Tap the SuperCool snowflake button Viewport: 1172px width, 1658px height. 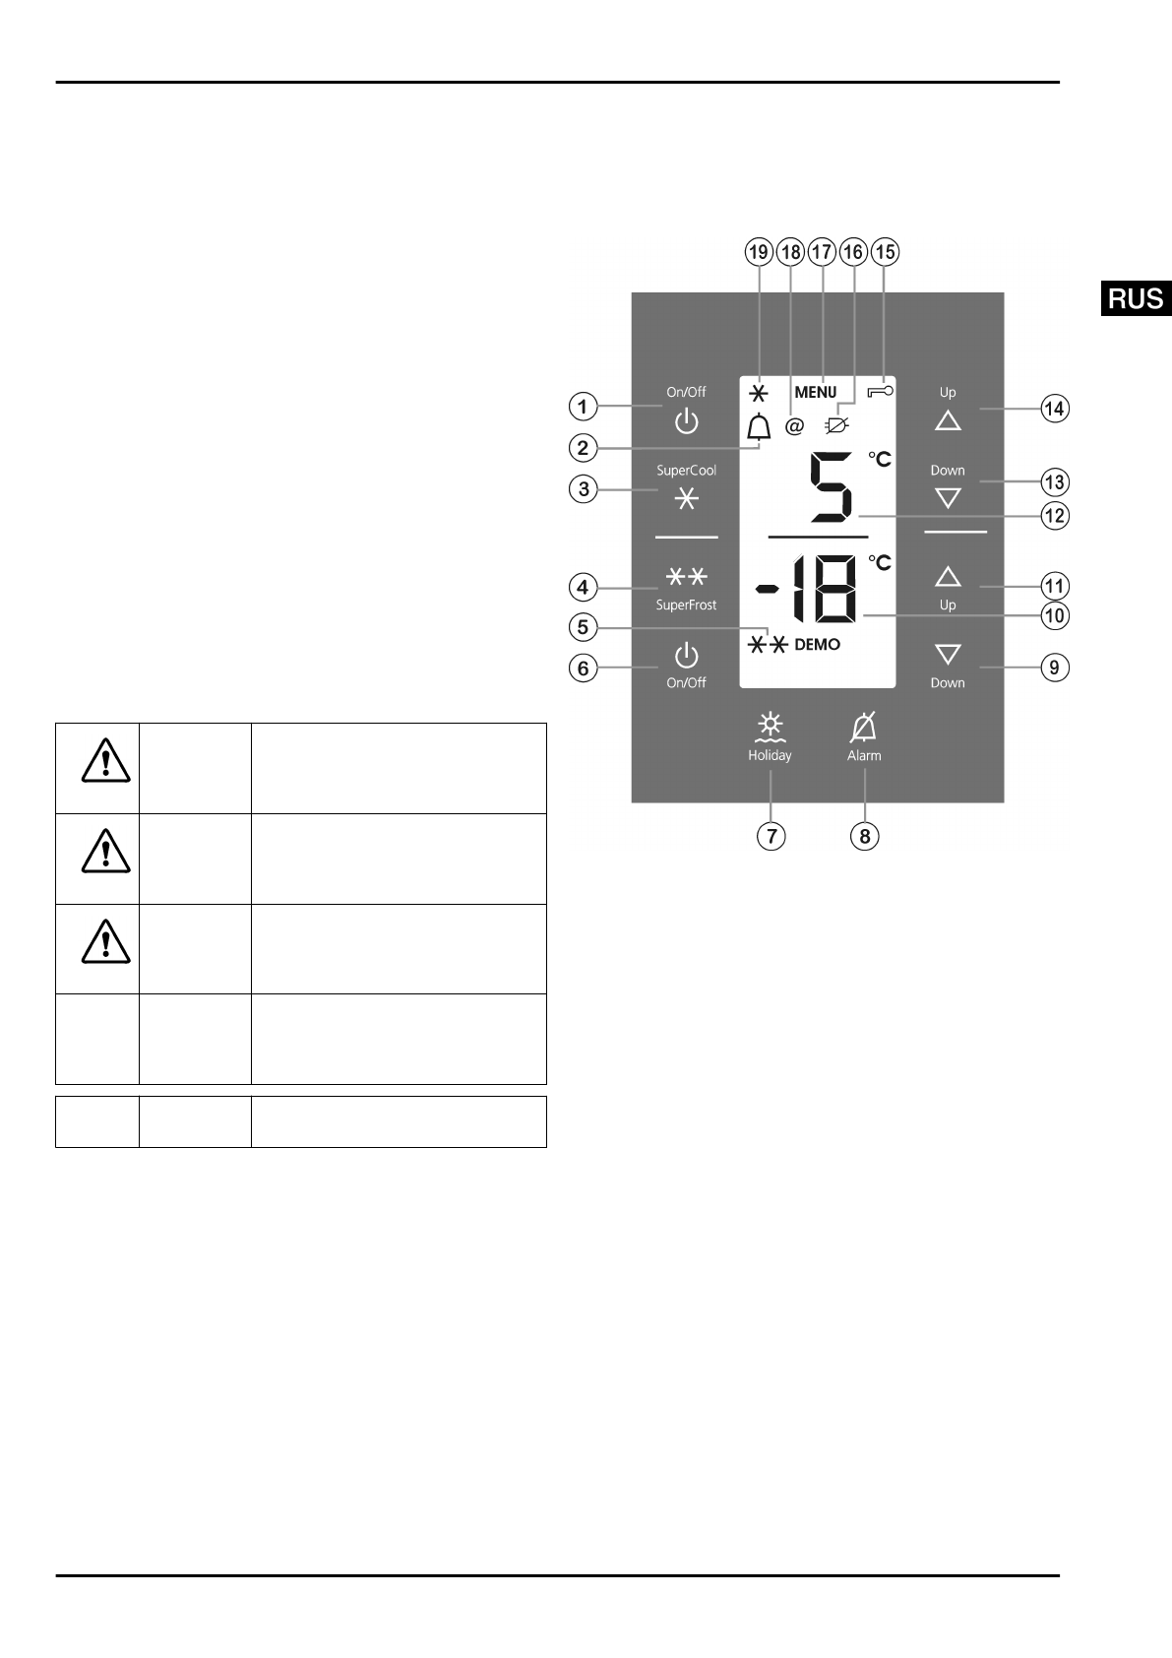686,499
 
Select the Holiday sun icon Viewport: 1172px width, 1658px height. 770,728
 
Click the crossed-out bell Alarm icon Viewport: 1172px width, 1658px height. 864,728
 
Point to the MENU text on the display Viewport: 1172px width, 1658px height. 815,392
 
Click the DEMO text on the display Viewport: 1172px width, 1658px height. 817,644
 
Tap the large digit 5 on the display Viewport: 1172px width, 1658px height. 830,487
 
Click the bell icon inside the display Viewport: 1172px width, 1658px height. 758,427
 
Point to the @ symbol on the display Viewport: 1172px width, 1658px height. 794,427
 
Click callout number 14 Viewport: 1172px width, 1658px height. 1054,408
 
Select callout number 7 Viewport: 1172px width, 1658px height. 771,836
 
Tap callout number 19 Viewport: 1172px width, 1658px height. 758,252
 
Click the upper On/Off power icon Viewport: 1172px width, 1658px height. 686,422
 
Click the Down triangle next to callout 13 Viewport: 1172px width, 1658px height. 948,498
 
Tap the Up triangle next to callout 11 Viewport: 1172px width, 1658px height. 948,576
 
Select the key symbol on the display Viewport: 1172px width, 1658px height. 882,391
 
